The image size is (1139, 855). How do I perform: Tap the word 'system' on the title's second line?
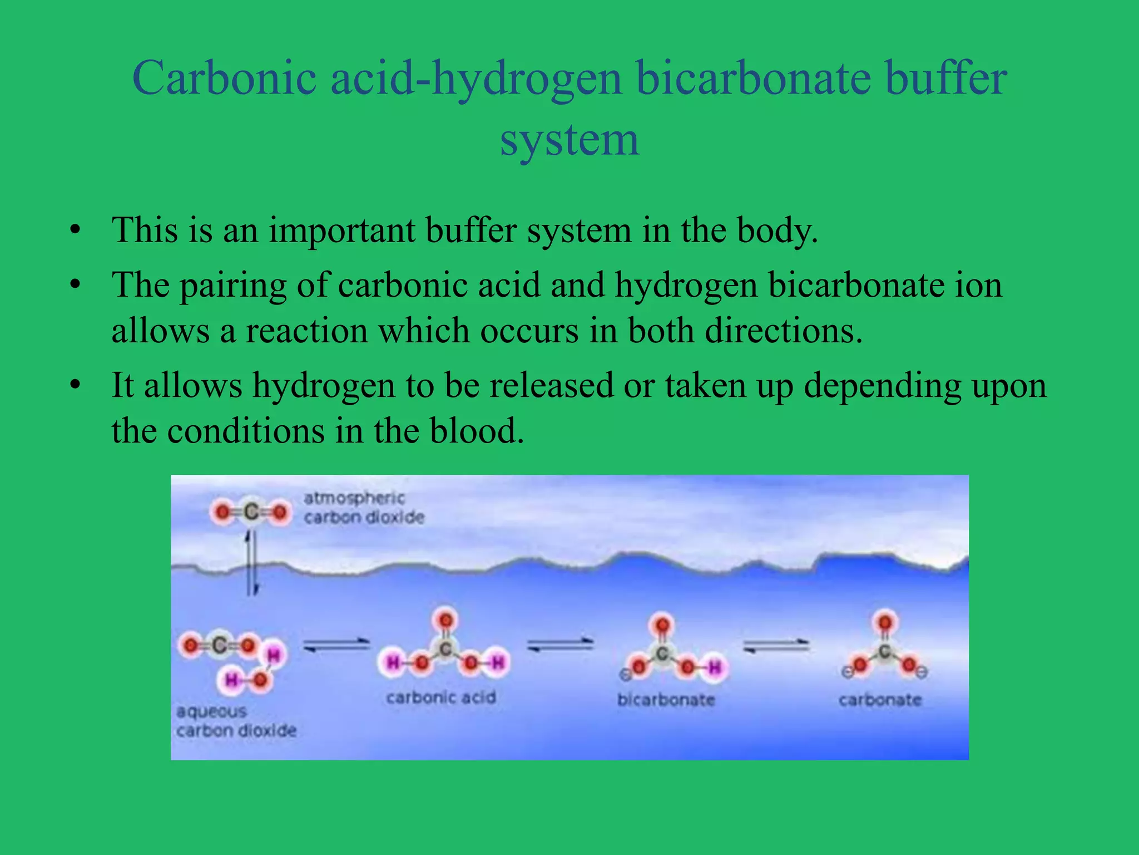coord(569,140)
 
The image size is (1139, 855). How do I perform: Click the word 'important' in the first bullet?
coord(341,230)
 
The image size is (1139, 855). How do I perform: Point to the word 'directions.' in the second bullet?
coord(784,331)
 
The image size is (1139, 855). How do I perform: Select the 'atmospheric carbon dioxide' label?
coord(363,508)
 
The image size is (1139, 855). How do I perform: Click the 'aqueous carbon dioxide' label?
coord(236,721)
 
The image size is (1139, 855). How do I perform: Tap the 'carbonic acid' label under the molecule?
coord(440,697)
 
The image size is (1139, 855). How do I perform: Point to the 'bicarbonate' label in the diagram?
coord(666,700)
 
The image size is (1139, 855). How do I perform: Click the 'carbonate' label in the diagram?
coord(880,700)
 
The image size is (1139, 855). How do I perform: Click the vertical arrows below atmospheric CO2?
coord(252,562)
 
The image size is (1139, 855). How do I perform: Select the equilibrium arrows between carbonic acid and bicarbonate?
coord(560,645)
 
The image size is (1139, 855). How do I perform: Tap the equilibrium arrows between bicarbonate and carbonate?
coord(776,646)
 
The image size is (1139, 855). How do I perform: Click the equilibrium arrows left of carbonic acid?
coord(336,645)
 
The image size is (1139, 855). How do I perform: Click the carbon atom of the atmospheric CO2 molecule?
coord(251,512)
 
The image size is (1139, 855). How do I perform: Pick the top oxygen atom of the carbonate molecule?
coord(885,622)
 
